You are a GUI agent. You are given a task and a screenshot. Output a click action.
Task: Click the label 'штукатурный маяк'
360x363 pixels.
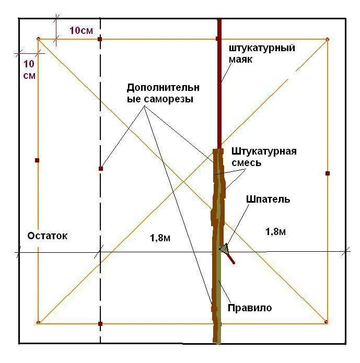point(261,53)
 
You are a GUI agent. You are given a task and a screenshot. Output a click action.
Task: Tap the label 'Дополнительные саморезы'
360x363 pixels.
point(163,93)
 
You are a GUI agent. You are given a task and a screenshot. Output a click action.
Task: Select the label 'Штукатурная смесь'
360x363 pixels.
point(263,157)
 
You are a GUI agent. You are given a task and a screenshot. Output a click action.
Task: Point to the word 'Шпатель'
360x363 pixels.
point(269,199)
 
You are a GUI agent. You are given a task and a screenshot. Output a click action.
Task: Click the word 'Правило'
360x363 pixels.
point(249,308)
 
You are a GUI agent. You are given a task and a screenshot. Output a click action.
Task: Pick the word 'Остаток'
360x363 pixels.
point(48,236)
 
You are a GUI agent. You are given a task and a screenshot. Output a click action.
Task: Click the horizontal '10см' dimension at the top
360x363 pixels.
point(81,30)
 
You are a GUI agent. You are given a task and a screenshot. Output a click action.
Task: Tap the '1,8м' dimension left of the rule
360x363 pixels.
point(160,238)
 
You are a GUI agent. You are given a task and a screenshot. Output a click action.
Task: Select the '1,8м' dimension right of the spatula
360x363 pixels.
point(275,231)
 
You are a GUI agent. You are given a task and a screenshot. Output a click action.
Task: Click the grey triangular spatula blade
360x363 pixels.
point(224,248)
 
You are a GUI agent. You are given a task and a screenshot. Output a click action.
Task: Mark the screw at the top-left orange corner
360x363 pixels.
point(39,39)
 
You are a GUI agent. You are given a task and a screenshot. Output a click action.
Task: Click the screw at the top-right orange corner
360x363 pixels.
point(327,39)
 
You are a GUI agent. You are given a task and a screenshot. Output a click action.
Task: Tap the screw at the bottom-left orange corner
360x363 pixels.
point(39,322)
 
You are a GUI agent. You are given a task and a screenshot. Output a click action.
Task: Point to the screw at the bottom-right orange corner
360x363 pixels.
point(327,322)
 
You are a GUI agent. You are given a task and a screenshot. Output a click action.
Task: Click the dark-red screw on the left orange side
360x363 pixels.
point(37,160)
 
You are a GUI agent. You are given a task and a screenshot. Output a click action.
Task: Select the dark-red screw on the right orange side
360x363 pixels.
point(328,173)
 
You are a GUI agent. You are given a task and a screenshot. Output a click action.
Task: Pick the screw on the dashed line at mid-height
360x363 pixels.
point(100,168)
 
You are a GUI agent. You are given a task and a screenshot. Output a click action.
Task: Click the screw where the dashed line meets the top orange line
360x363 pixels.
point(100,39)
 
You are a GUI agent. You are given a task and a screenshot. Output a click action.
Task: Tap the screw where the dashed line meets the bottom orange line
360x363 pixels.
point(100,324)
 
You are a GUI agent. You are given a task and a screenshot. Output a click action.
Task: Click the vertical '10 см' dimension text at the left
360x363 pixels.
point(29,69)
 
